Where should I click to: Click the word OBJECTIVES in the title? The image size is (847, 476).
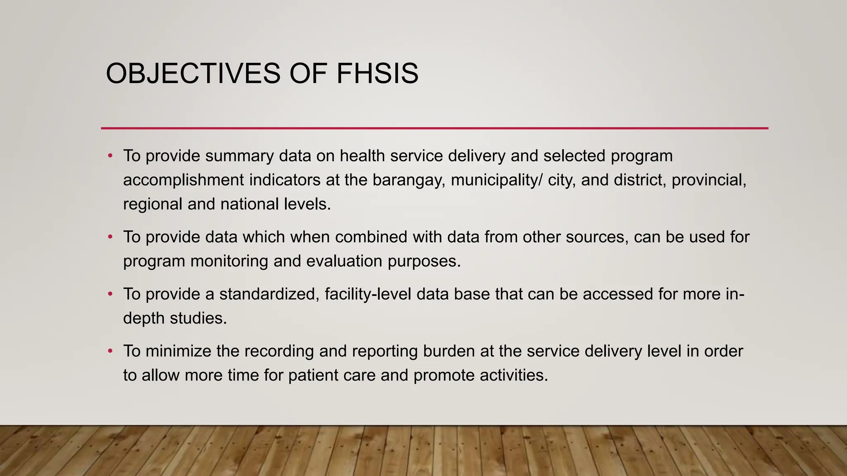click(193, 74)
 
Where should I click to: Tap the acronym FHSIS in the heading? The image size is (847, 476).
click(377, 74)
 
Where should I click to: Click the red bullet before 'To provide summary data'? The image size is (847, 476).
click(110, 156)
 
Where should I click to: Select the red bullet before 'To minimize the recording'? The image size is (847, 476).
click(110, 351)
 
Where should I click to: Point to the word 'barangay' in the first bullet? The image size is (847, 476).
click(409, 180)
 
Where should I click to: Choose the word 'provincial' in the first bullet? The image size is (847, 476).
click(708, 180)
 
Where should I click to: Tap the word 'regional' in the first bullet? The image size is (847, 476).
click(153, 204)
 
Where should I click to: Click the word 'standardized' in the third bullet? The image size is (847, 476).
click(269, 294)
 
